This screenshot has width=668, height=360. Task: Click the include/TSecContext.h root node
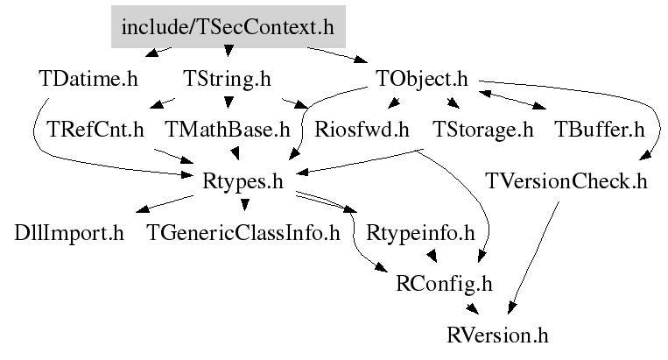[x=229, y=27]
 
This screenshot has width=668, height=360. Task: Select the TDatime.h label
[x=88, y=79]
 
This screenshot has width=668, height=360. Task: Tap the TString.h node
[x=227, y=79]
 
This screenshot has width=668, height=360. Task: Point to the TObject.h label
[x=422, y=79]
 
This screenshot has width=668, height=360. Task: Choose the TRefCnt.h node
[x=95, y=130]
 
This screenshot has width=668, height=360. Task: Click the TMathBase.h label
[x=228, y=130]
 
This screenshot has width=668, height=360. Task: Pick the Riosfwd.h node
[x=362, y=130]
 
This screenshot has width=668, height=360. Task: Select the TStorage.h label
[x=483, y=130]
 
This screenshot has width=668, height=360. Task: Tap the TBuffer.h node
[x=600, y=130]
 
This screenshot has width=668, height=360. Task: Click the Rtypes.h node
[x=243, y=181]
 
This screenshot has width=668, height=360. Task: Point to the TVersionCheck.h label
[x=566, y=181]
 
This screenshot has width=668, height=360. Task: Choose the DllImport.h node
[x=69, y=233]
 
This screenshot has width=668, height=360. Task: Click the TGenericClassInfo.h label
[x=243, y=233]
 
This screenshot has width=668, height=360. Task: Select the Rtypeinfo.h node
[x=420, y=234]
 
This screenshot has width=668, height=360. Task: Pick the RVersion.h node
[x=497, y=335]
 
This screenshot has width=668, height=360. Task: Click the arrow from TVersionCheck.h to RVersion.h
[x=533, y=258]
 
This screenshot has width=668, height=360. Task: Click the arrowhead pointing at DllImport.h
[x=143, y=208]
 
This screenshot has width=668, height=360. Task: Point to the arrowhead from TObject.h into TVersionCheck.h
[x=646, y=155]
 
